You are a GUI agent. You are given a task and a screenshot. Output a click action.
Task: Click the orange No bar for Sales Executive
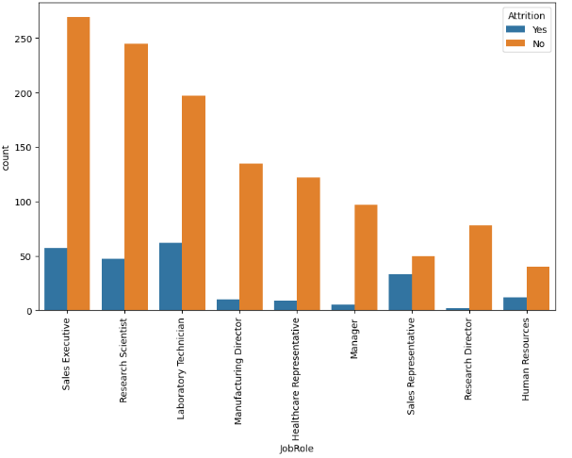tap(78, 164)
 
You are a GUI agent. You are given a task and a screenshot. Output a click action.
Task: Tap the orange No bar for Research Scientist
tap(136, 177)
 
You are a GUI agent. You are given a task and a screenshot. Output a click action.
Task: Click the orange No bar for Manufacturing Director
tap(251, 237)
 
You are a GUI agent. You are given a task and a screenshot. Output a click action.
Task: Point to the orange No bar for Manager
tap(366, 257)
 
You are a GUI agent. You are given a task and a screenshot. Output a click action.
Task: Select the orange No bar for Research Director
tap(481, 268)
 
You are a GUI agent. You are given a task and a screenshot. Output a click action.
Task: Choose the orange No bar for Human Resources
tap(538, 288)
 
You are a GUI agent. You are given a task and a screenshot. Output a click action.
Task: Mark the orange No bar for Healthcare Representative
tap(308, 244)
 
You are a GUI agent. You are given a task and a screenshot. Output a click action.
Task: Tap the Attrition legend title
tap(526, 16)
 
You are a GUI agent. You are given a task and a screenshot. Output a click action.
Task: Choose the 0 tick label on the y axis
tap(28, 311)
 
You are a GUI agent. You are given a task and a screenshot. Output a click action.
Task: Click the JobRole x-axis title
tap(296, 449)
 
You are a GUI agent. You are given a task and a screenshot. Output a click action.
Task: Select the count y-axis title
tap(8, 157)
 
